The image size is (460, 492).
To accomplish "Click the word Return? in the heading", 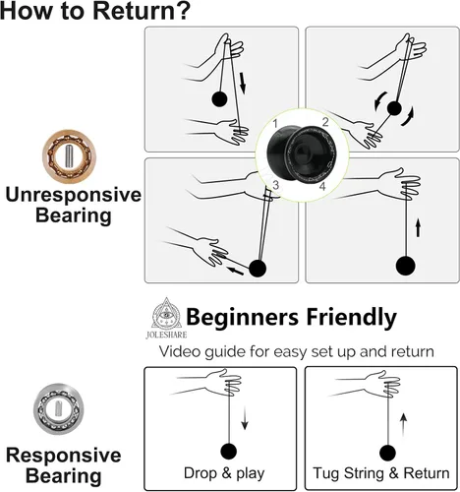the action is click(x=142, y=11).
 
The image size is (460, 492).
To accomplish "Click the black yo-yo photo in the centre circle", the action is click(x=302, y=154).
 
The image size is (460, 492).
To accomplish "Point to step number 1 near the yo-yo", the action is click(x=275, y=124).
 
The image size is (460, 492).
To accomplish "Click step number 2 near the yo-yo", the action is click(x=325, y=122).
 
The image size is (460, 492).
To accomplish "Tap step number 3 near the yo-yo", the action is click(x=276, y=185).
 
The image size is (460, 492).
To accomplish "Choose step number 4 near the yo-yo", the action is click(x=322, y=186).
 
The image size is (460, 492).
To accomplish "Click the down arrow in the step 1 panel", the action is click(x=243, y=83).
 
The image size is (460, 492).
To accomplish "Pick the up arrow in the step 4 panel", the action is click(x=418, y=228).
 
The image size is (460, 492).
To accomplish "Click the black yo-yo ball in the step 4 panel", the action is click(x=406, y=266).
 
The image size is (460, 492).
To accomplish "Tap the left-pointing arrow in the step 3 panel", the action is click(x=236, y=271).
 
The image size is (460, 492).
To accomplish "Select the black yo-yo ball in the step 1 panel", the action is click(x=219, y=98).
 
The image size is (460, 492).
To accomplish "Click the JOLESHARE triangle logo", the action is click(x=166, y=318).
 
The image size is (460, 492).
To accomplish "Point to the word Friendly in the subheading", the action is click(x=352, y=318).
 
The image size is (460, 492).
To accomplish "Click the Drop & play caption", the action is click(x=224, y=473).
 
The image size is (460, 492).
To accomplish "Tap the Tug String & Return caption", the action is click(x=381, y=473).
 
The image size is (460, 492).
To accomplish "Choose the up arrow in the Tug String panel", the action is click(x=404, y=425).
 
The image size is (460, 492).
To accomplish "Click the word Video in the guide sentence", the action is click(x=180, y=351).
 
